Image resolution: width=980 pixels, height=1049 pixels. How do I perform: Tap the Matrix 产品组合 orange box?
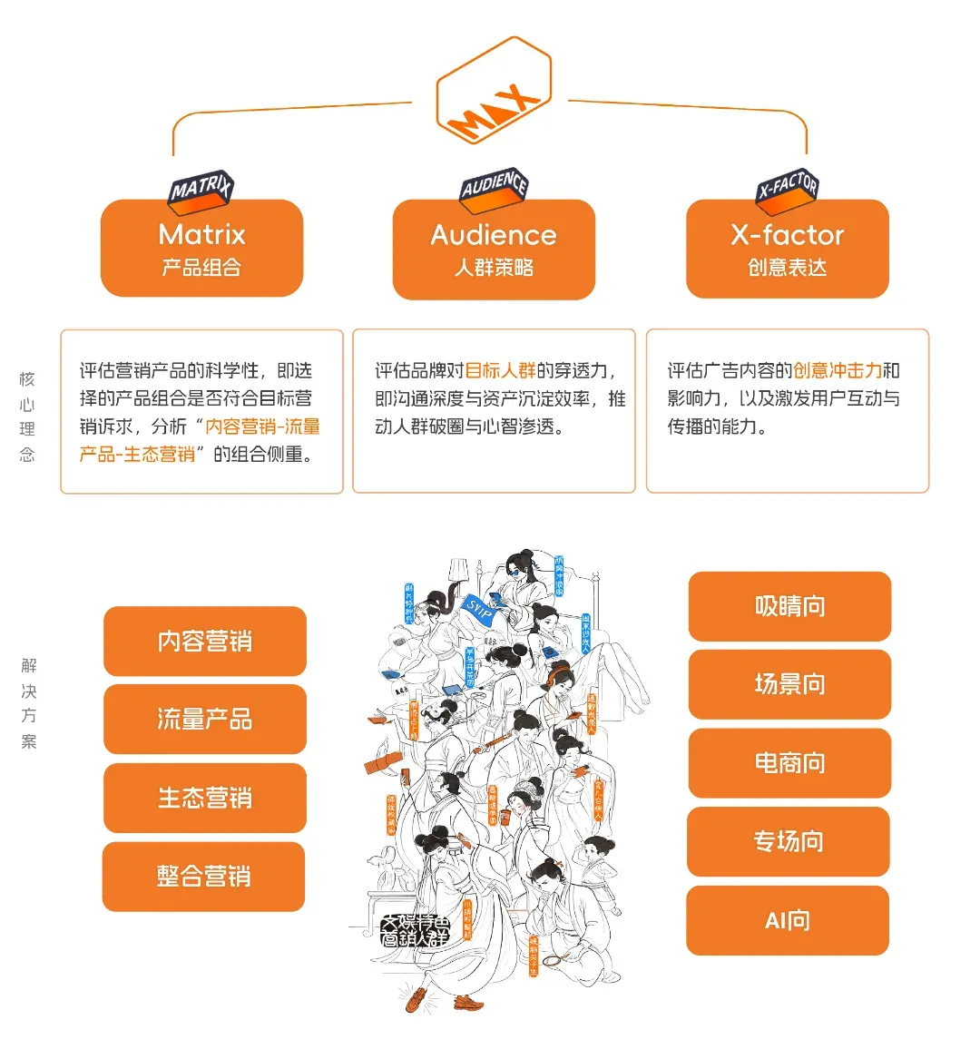(x=201, y=248)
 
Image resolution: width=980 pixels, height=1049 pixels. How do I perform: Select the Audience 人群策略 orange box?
(x=494, y=249)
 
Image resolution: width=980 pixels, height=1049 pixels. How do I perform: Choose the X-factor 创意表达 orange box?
(x=787, y=249)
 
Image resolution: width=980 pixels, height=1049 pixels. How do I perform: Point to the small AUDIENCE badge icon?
(x=494, y=186)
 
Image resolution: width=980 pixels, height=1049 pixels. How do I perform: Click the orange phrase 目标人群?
(x=500, y=370)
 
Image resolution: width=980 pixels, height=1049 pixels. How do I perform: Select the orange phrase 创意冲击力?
(x=837, y=370)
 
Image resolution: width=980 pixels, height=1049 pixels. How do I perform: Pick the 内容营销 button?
(x=205, y=642)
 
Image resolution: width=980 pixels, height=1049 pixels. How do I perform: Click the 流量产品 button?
(x=205, y=720)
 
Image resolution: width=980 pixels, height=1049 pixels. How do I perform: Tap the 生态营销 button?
(x=205, y=798)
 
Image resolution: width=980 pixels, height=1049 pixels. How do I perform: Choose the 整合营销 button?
(x=204, y=877)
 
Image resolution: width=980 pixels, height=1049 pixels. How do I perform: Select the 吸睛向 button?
(x=789, y=606)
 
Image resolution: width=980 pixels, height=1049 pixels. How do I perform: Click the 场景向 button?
(x=789, y=684)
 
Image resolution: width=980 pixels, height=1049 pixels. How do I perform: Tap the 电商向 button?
(x=789, y=763)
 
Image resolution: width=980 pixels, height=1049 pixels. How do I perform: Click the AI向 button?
(x=788, y=920)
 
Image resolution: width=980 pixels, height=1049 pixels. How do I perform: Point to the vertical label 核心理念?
(x=27, y=417)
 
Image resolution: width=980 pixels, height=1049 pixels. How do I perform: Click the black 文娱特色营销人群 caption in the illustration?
(x=415, y=931)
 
